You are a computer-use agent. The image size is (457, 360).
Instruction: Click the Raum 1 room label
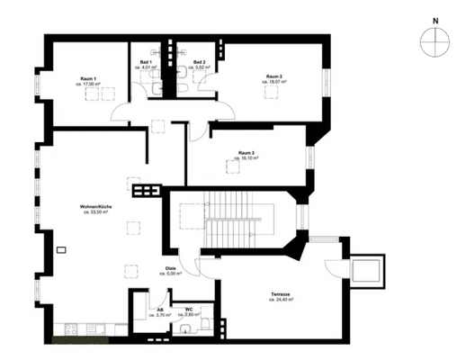90,78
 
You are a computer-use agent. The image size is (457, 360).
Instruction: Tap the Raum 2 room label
274,76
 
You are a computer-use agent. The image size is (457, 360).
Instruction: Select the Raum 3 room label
246,153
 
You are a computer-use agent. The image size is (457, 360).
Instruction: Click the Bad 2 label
199,62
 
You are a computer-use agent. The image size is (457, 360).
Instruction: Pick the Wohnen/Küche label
95,207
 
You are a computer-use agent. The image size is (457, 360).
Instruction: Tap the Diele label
171,268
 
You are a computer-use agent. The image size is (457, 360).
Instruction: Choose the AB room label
160,310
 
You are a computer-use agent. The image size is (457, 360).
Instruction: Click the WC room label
189,310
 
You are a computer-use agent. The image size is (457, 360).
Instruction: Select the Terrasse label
282,293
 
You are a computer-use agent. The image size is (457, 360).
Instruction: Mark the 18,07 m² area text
274,82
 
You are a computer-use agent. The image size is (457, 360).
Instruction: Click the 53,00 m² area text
95,213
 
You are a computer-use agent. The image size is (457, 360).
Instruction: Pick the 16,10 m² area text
246,158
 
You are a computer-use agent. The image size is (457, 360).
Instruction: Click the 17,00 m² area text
90,85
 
